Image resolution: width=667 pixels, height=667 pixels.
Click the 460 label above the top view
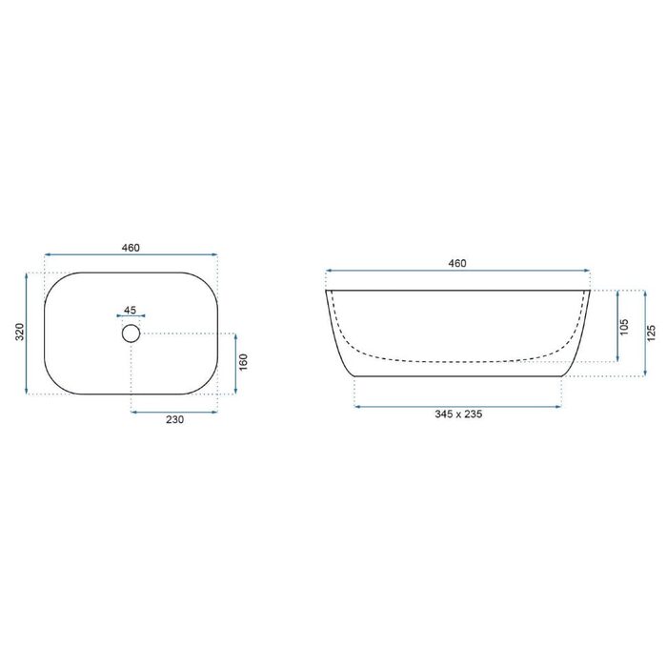tap(131, 248)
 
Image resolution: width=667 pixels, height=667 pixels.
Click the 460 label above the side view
tap(457, 263)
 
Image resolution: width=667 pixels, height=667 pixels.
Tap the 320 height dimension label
tap(20, 332)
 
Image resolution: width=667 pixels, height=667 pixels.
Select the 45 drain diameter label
tap(131, 310)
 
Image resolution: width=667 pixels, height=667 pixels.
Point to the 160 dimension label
tap(243, 362)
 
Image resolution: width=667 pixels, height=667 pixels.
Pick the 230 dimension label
tap(174, 420)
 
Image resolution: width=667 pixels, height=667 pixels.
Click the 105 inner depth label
tap(624, 327)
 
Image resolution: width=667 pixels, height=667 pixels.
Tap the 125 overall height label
tap(651, 333)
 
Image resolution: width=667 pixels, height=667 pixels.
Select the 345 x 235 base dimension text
tap(458, 414)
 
